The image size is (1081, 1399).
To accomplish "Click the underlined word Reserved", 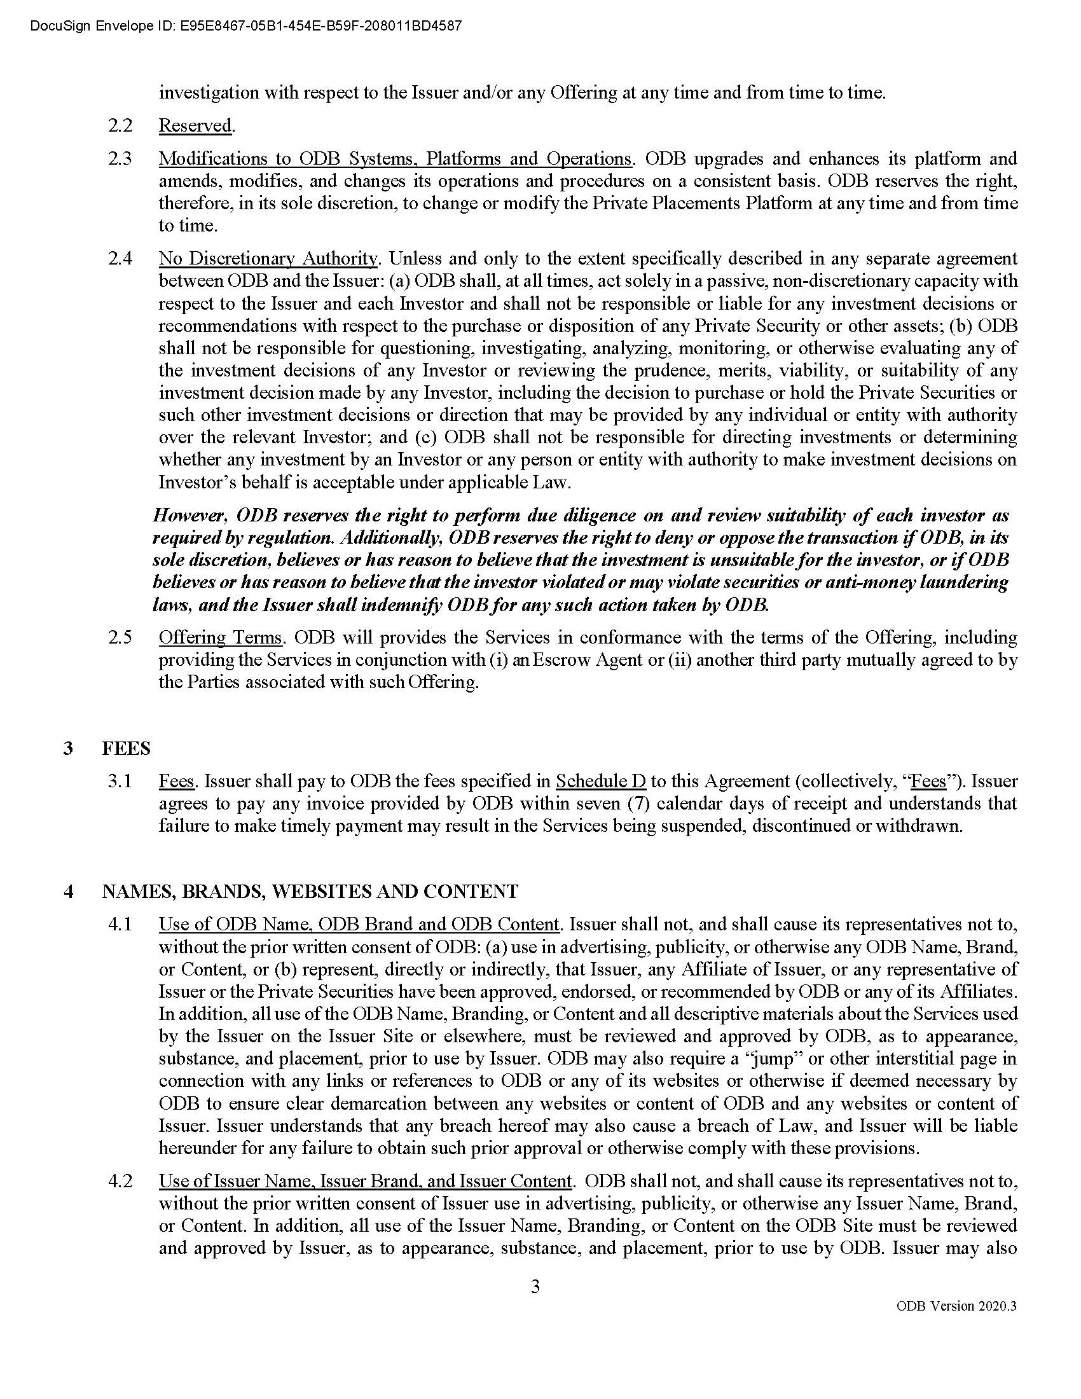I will click(195, 125).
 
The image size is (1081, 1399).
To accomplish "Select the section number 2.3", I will click(120, 158).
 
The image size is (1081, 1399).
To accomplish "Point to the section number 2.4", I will click(120, 258).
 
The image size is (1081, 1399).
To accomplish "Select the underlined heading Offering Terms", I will click(220, 637).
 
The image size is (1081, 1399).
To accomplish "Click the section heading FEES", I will click(126, 748).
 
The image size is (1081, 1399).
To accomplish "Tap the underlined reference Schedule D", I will click(600, 781).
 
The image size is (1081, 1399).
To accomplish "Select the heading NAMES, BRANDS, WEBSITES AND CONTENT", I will click(310, 891).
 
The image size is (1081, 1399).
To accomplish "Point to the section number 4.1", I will click(120, 925).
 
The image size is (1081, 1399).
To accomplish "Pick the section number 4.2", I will click(120, 1181).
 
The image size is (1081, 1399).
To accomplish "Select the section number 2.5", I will click(120, 637).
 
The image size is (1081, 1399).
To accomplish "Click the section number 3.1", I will click(120, 781).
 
